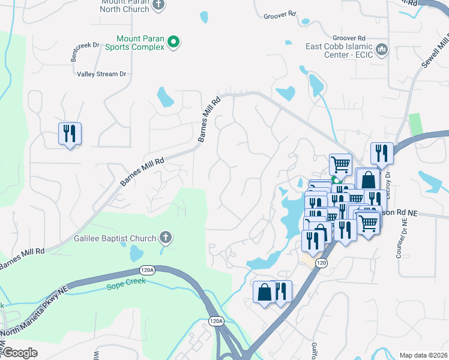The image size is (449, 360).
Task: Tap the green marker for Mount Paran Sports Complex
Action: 173,42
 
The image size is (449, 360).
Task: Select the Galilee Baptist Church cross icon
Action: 166,238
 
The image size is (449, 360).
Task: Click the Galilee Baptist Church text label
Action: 115,238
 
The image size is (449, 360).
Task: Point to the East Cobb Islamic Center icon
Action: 381,49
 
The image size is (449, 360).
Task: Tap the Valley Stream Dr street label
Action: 101,74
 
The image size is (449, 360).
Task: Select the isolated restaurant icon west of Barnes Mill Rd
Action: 70,133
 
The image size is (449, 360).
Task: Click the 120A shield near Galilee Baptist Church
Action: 146,270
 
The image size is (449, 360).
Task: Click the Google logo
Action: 20,353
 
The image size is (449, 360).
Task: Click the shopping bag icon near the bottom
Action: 264,292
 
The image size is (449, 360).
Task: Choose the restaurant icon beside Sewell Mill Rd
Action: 382,153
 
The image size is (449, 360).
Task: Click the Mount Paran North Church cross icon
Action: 158,5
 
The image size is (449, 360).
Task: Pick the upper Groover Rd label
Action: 280,14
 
